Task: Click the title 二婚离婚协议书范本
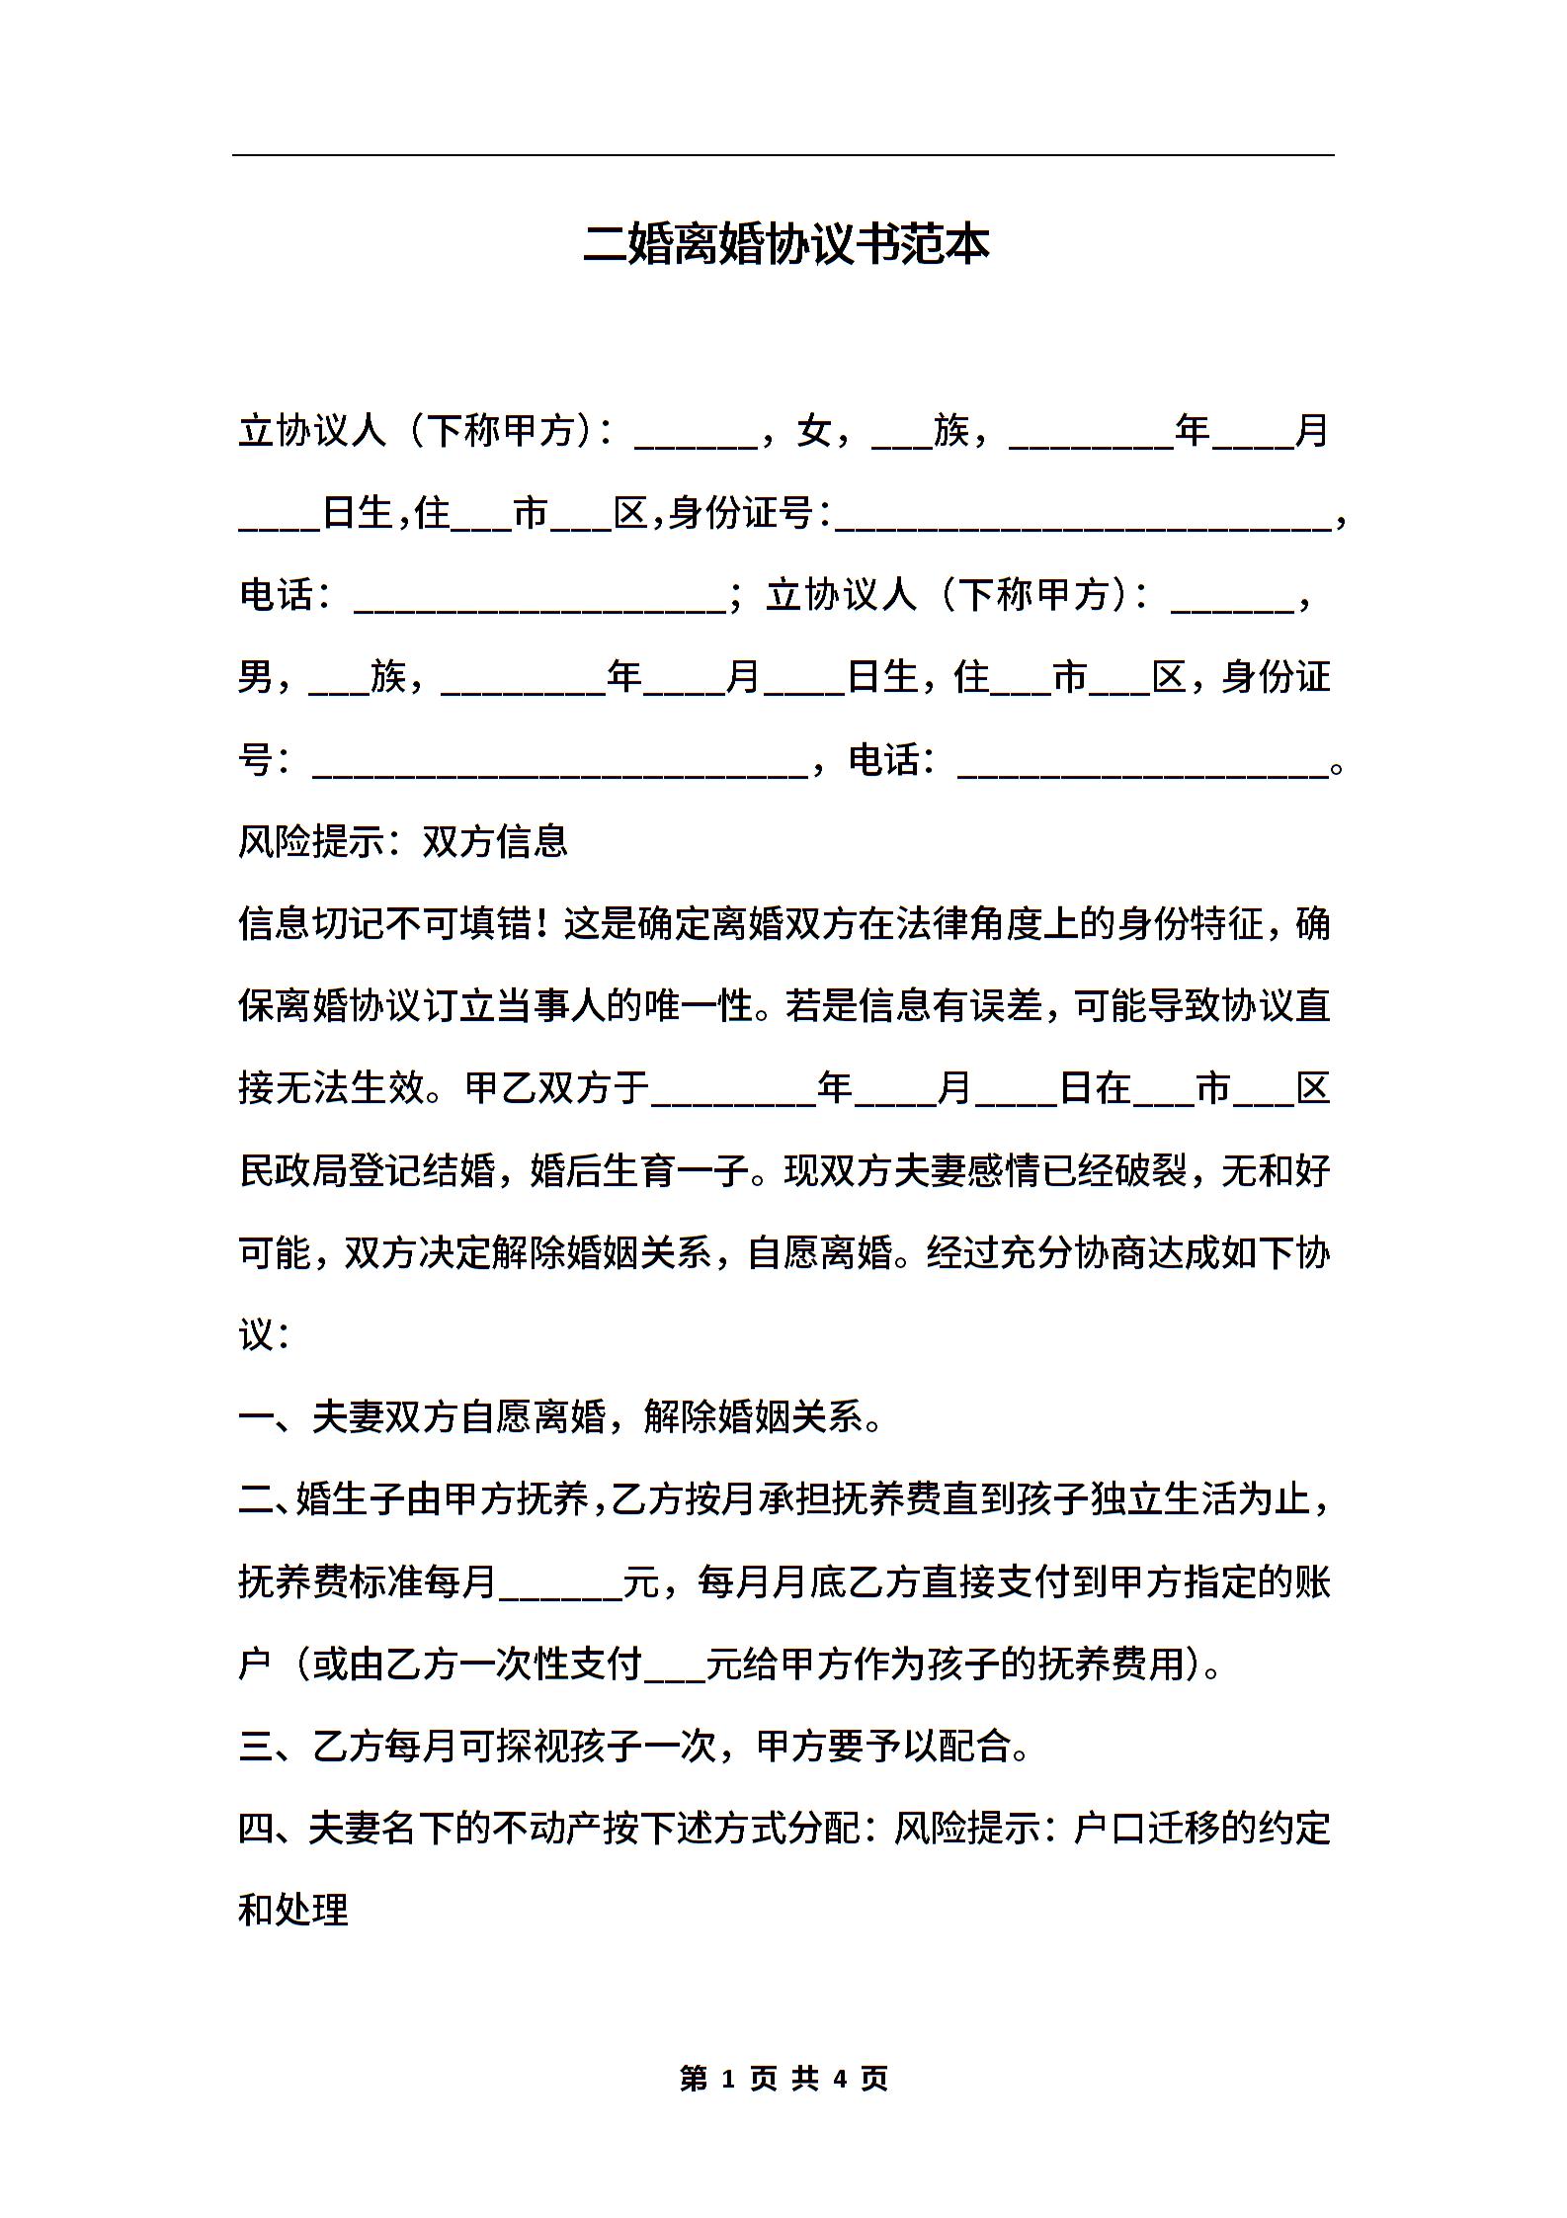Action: [785, 244]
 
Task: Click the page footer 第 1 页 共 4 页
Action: [784, 2078]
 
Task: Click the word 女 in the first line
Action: [813, 431]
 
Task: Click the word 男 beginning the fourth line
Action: [256, 677]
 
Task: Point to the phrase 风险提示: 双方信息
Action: [403, 841]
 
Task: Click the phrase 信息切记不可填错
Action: [386, 924]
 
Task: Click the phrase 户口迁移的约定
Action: [1201, 1829]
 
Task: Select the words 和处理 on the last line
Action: [293, 1911]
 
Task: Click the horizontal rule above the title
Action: [783, 155]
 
